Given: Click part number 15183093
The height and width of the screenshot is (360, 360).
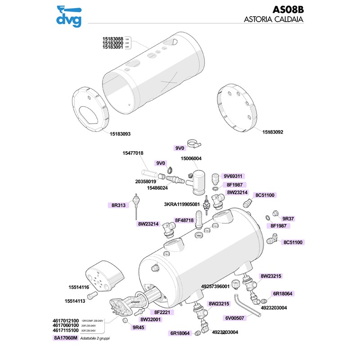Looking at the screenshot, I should coord(123,134).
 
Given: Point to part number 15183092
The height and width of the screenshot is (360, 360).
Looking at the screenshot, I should coord(275,132).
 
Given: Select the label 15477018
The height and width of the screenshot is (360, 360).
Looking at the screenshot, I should coord(133,153).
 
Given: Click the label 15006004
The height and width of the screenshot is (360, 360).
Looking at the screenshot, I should coord(191,159).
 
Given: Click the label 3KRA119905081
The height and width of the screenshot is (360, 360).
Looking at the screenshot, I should coord(182,204).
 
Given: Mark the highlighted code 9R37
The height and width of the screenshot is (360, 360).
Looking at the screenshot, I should coord(288,219).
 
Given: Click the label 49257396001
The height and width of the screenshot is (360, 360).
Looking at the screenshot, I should coord(216,286).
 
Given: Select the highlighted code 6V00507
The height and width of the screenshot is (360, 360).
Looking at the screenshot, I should coord(234,318).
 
